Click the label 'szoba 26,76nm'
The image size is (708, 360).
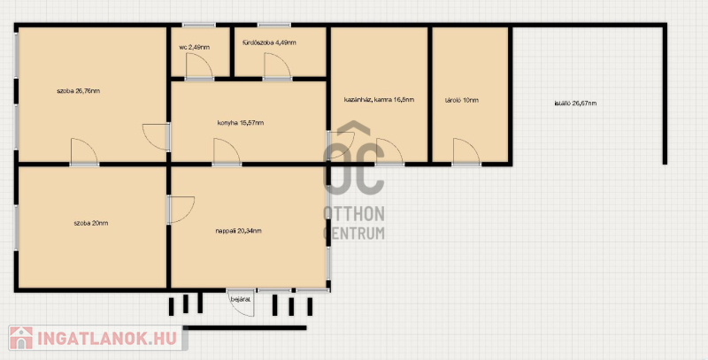coord(78,91)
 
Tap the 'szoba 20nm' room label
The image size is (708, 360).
coord(91,223)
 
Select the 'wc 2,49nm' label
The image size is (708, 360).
coord(194,47)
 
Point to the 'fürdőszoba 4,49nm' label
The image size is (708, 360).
coord(269,42)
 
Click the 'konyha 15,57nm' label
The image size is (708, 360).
coord(241,123)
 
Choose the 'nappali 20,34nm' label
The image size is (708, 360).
coord(238,231)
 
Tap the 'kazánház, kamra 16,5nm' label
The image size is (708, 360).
coord(379,100)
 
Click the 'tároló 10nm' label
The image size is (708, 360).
coord(461,100)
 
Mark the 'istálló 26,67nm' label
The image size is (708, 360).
coord(575,103)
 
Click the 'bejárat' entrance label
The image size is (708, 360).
coord(241,299)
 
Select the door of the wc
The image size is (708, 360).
coord(199,66)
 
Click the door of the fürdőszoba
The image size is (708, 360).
coord(277,66)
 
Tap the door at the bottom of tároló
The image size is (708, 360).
coord(466,152)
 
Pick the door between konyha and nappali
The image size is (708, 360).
coord(227,152)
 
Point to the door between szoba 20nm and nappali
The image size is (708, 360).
coord(181,210)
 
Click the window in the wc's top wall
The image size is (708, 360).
coord(199,25)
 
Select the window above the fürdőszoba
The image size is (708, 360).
coord(274,25)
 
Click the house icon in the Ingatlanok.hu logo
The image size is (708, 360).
coord(21,338)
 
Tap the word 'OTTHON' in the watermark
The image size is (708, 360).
coord(354,214)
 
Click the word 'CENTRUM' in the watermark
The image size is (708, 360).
coord(354,233)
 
